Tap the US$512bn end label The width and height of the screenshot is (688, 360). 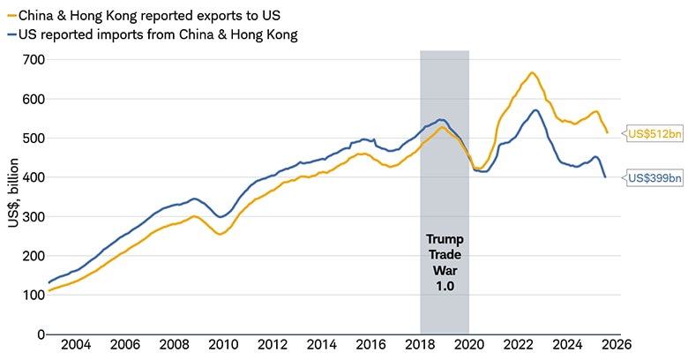[654, 135]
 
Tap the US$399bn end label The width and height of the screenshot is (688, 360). [654, 177]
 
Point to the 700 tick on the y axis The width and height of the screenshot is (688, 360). [34, 59]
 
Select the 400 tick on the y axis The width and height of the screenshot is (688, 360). [34, 177]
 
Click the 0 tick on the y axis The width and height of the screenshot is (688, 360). [41, 334]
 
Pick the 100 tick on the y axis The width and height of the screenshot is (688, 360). [34, 295]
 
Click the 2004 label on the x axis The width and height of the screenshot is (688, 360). [74, 345]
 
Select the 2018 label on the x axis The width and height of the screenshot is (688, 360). [420, 345]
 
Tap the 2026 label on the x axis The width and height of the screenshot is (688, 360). [618, 345]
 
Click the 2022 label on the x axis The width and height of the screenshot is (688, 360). [519, 345]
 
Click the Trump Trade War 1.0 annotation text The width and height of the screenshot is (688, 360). [444, 262]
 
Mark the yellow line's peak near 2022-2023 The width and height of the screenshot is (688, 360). [532, 72]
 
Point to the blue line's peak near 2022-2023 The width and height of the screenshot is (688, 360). [535, 110]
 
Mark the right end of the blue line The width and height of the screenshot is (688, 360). [605, 177]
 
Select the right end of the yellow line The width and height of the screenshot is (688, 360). [608, 133]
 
